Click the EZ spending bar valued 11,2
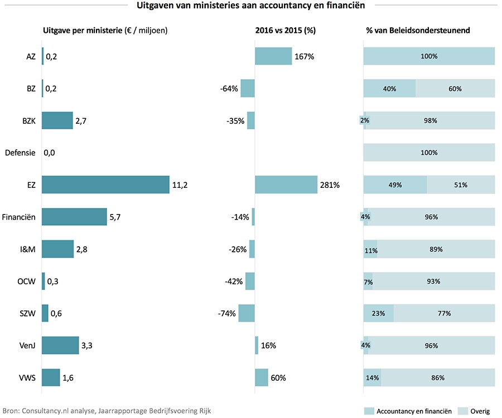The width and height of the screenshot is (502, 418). click(105, 184)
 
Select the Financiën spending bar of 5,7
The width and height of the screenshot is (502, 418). click(74, 217)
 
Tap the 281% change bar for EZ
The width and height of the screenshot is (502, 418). click(286, 184)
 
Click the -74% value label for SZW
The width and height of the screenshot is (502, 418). click(227, 313)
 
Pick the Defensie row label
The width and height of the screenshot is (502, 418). click(20, 153)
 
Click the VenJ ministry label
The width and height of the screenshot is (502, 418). click(26, 346)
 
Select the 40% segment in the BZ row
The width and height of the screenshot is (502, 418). click(389, 89)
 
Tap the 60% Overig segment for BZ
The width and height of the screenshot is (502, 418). click(455, 89)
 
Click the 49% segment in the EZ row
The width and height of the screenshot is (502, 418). click(395, 184)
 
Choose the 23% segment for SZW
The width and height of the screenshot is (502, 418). click(378, 313)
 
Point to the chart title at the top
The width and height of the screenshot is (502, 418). click(250, 6)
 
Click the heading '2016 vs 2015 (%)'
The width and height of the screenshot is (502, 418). click(285, 31)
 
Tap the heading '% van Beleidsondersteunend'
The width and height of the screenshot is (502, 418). click(417, 31)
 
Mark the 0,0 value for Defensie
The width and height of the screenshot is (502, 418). click(50, 153)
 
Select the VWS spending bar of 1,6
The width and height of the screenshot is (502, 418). click(51, 377)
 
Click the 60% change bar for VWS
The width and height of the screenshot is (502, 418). click(261, 377)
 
